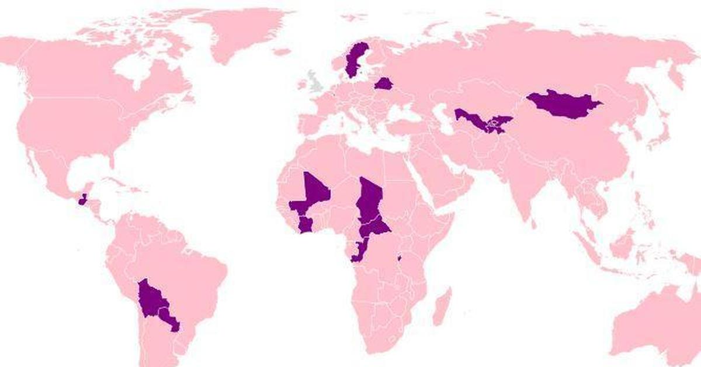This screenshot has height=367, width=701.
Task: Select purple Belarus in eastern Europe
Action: (x=383, y=84)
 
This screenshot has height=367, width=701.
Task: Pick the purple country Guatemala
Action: (x=82, y=200)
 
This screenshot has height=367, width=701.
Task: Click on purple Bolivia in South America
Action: (x=151, y=299)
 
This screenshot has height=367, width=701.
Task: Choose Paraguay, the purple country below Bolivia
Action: (x=169, y=319)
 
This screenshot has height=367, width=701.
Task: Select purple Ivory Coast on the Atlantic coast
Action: (x=306, y=224)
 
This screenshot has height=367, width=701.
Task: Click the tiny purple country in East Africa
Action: (x=400, y=257)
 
